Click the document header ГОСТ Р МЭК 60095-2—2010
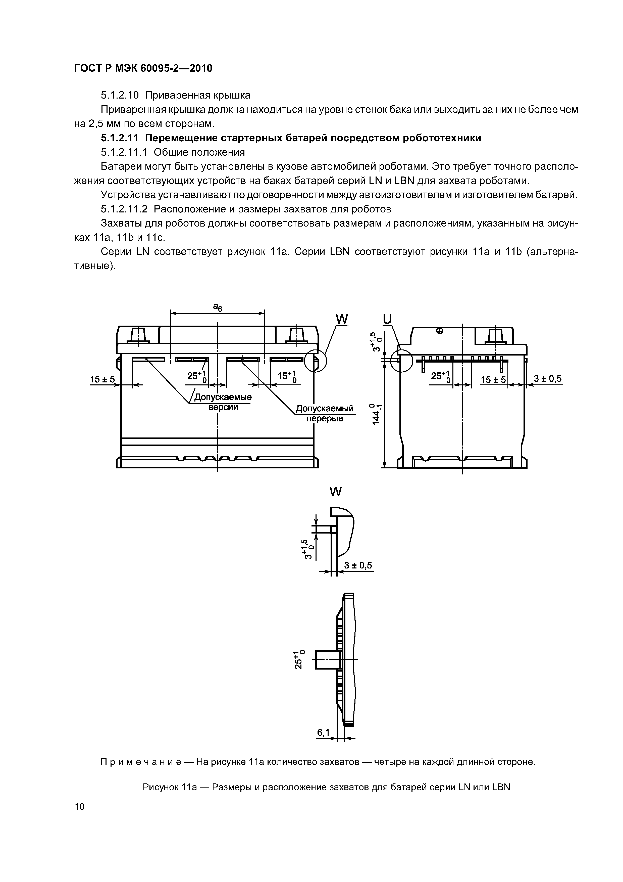[143, 68]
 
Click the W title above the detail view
[335, 492]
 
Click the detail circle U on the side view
[401, 361]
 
